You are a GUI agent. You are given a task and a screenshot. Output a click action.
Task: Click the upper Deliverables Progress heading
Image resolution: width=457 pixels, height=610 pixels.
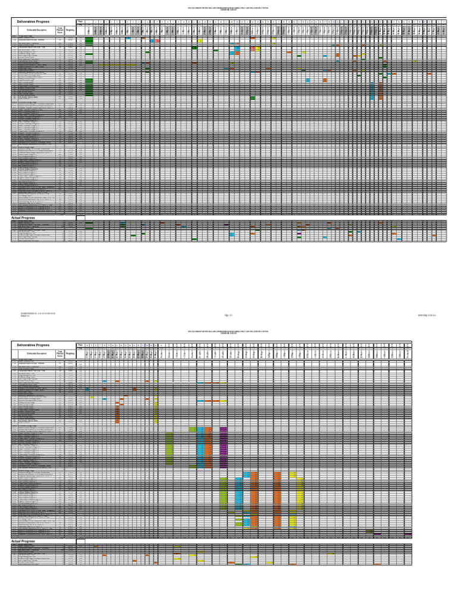coord(33,21)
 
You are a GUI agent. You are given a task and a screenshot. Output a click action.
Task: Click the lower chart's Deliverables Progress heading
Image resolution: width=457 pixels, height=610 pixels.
coord(33,345)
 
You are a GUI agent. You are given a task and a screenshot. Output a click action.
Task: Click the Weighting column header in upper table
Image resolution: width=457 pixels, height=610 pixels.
coord(70,30)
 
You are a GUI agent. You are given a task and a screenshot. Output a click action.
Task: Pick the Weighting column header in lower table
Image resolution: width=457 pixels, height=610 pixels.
coord(70,353)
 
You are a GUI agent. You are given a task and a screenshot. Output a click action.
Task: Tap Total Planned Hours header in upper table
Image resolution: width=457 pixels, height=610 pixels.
coord(60,30)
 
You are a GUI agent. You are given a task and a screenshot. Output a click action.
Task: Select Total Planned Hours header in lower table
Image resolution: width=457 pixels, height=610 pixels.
coord(60,353)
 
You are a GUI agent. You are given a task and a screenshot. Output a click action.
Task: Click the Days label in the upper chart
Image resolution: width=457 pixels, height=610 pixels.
coord(80,21)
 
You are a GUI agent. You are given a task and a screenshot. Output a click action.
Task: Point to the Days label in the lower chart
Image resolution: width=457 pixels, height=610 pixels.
coord(80,345)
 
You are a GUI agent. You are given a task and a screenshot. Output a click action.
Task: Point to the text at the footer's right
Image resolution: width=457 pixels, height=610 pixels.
coord(427,315)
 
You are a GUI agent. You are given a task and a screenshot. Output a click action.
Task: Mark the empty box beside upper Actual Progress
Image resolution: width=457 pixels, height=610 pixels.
coord(80,218)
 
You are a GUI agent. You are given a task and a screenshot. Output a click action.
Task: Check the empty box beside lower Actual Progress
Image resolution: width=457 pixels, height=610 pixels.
coord(80,541)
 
